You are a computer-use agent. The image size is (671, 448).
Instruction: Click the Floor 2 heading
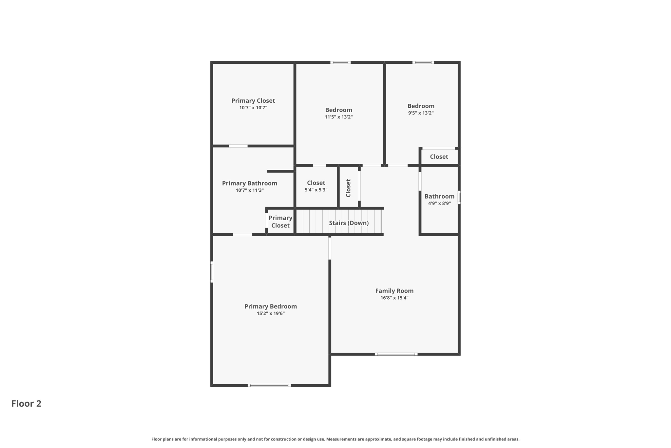pyautogui.click(x=26, y=403)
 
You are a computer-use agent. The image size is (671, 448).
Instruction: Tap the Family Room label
pyautogui.click(x=394, y=291)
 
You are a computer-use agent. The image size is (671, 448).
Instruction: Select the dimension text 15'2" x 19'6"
pyautogui.click(x=270, y=313)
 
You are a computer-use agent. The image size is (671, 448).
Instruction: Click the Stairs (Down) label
pyautogui.click(x=349, y=223)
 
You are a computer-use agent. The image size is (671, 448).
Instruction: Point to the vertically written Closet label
pyautogui.click(x=348, y=188)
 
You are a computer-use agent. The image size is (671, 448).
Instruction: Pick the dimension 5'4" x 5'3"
pyautogui.click(x=316, y=190)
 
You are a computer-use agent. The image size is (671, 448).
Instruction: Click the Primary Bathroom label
pyautogui.click(x=249, y=183)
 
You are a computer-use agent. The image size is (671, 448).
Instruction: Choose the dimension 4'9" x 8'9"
pyautogui.click(x=439, y=203)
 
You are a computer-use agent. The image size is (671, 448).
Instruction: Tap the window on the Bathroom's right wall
pyautogui.click(x=459, y=197)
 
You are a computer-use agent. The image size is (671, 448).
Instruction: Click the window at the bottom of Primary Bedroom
pyautogui.click(x=269, y=385)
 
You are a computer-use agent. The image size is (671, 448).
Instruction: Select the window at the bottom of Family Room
pyautogui.click(x=396, y=354)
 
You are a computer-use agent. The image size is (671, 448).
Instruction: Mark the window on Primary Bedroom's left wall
pyautogui.click(x=212, y=272)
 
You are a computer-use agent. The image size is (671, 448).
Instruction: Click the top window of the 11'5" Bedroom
pyautogui.click(x=340, y=62)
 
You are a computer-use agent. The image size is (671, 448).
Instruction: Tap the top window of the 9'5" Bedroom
pyautogui.click(x=423, y=62)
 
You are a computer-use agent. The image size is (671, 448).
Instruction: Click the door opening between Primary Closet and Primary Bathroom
pyautogui.click(x=238, y=146)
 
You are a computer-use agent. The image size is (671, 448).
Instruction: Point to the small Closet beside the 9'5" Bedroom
pyautogui.click(x=439, y=157)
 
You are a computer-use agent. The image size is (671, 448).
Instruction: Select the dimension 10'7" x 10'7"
pyautogui.click(x=253, y=108)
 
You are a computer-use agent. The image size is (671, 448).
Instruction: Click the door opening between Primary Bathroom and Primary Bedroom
pyautogui.click(x=242, y=234)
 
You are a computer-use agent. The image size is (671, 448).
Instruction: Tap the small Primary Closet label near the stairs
pyautogui.click(x=280, y=222)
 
